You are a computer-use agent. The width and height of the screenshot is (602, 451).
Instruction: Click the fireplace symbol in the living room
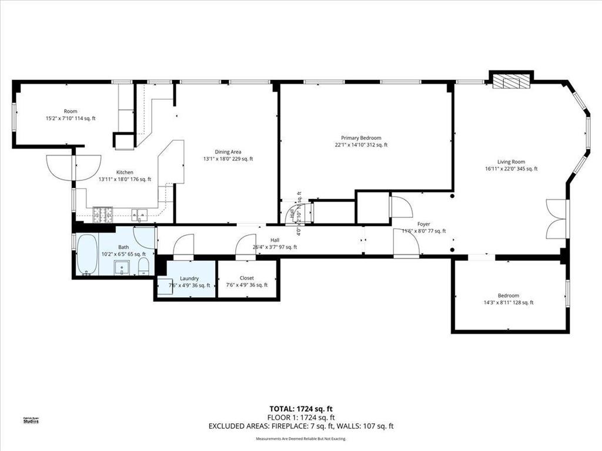tap(511, 81)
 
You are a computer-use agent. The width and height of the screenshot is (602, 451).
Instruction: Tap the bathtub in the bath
tap(86, 255)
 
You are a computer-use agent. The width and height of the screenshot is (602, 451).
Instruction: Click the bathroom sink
tap(123, 268)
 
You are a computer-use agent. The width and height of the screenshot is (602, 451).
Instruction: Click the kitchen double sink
tap(139, 214)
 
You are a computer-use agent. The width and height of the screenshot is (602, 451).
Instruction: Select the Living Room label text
tap(511, 161)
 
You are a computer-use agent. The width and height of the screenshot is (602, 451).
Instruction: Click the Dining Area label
tap(228, 152)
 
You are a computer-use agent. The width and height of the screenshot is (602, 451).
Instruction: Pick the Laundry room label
tap(189, 278)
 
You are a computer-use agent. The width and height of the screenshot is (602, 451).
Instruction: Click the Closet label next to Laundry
tap(247, 278)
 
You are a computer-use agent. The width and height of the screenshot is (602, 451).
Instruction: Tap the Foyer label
tap(423, 224)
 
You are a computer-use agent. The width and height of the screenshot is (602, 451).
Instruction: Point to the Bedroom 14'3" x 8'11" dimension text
tap(508, 303)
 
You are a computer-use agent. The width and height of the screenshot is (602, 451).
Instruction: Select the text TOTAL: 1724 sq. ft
tap(301, 409)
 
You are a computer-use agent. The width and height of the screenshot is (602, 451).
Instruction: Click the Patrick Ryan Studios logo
tap(31, 419)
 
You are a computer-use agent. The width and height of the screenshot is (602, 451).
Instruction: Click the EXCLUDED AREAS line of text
tap(301, 426)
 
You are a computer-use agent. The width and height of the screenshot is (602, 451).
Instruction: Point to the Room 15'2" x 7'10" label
tap(71, 115)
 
